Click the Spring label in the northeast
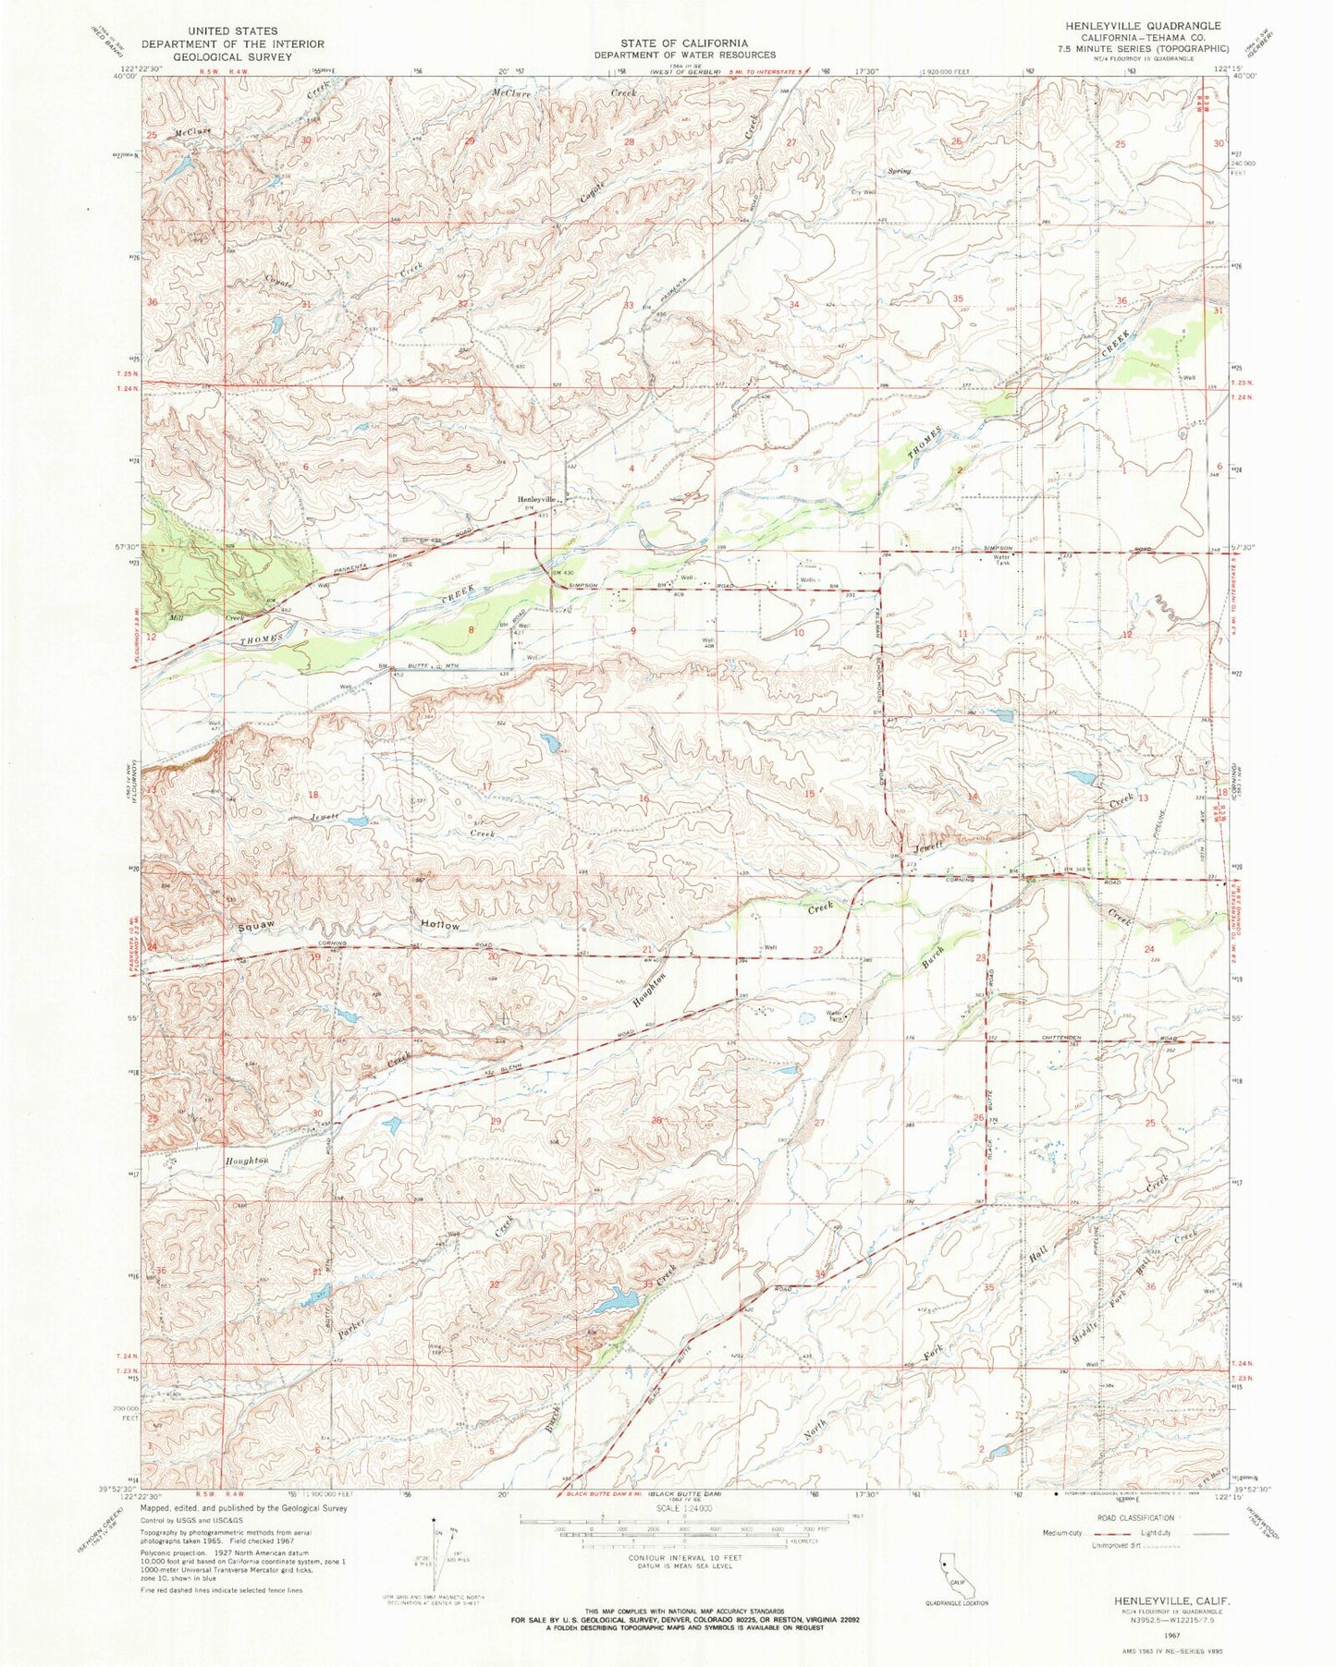tap(899, 171)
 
